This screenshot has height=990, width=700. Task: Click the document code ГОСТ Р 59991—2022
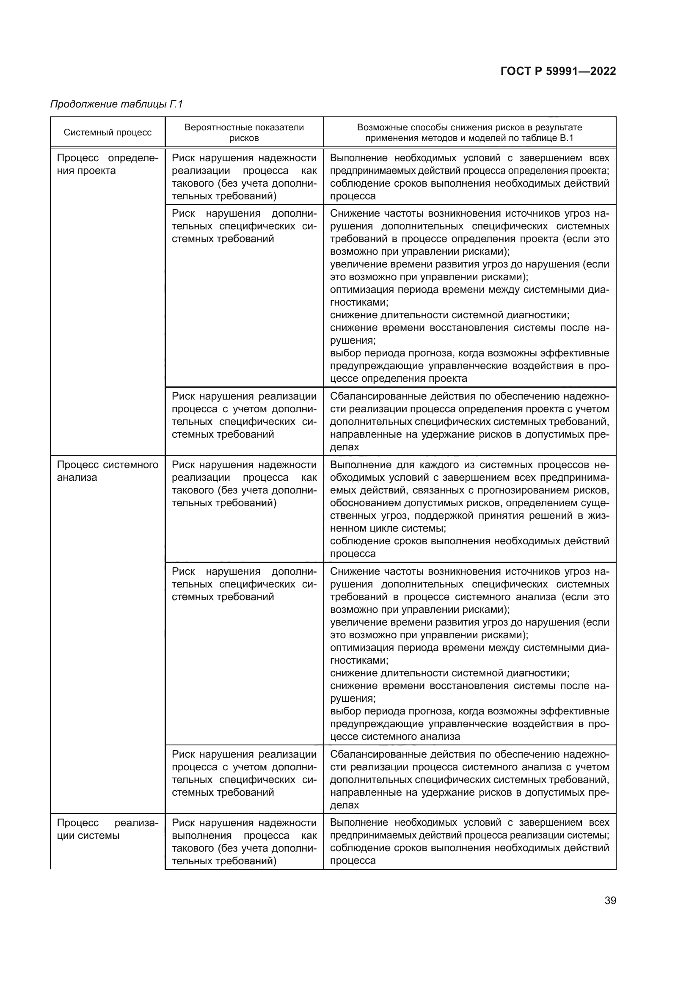[x=558, y=71]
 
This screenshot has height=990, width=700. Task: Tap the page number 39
[x=610, y=900]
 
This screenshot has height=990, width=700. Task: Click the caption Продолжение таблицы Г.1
[x=116, y=104]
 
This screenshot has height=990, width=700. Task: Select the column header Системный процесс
[x=107, y=132]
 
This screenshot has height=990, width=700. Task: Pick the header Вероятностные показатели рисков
[x=244, y=132]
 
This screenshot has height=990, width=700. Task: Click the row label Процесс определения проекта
[x=107, y=164]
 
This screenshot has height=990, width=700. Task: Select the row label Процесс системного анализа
[x=107, y=471]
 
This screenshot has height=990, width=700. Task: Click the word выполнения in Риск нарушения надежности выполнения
[x=201, y=835]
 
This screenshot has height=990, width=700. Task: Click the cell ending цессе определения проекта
[x=469, y=295]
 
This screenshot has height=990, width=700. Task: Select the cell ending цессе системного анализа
[x=469, y=653]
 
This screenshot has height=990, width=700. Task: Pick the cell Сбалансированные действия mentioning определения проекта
[x=469, y=421]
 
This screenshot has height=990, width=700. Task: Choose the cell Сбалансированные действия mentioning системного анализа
[x=469, y=779]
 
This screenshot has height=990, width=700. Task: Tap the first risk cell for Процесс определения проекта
[x=244, y=177]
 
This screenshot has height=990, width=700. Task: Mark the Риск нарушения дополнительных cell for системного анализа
[x=244, y=584]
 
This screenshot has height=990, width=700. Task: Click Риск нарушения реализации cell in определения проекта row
[x=244, y=415]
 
